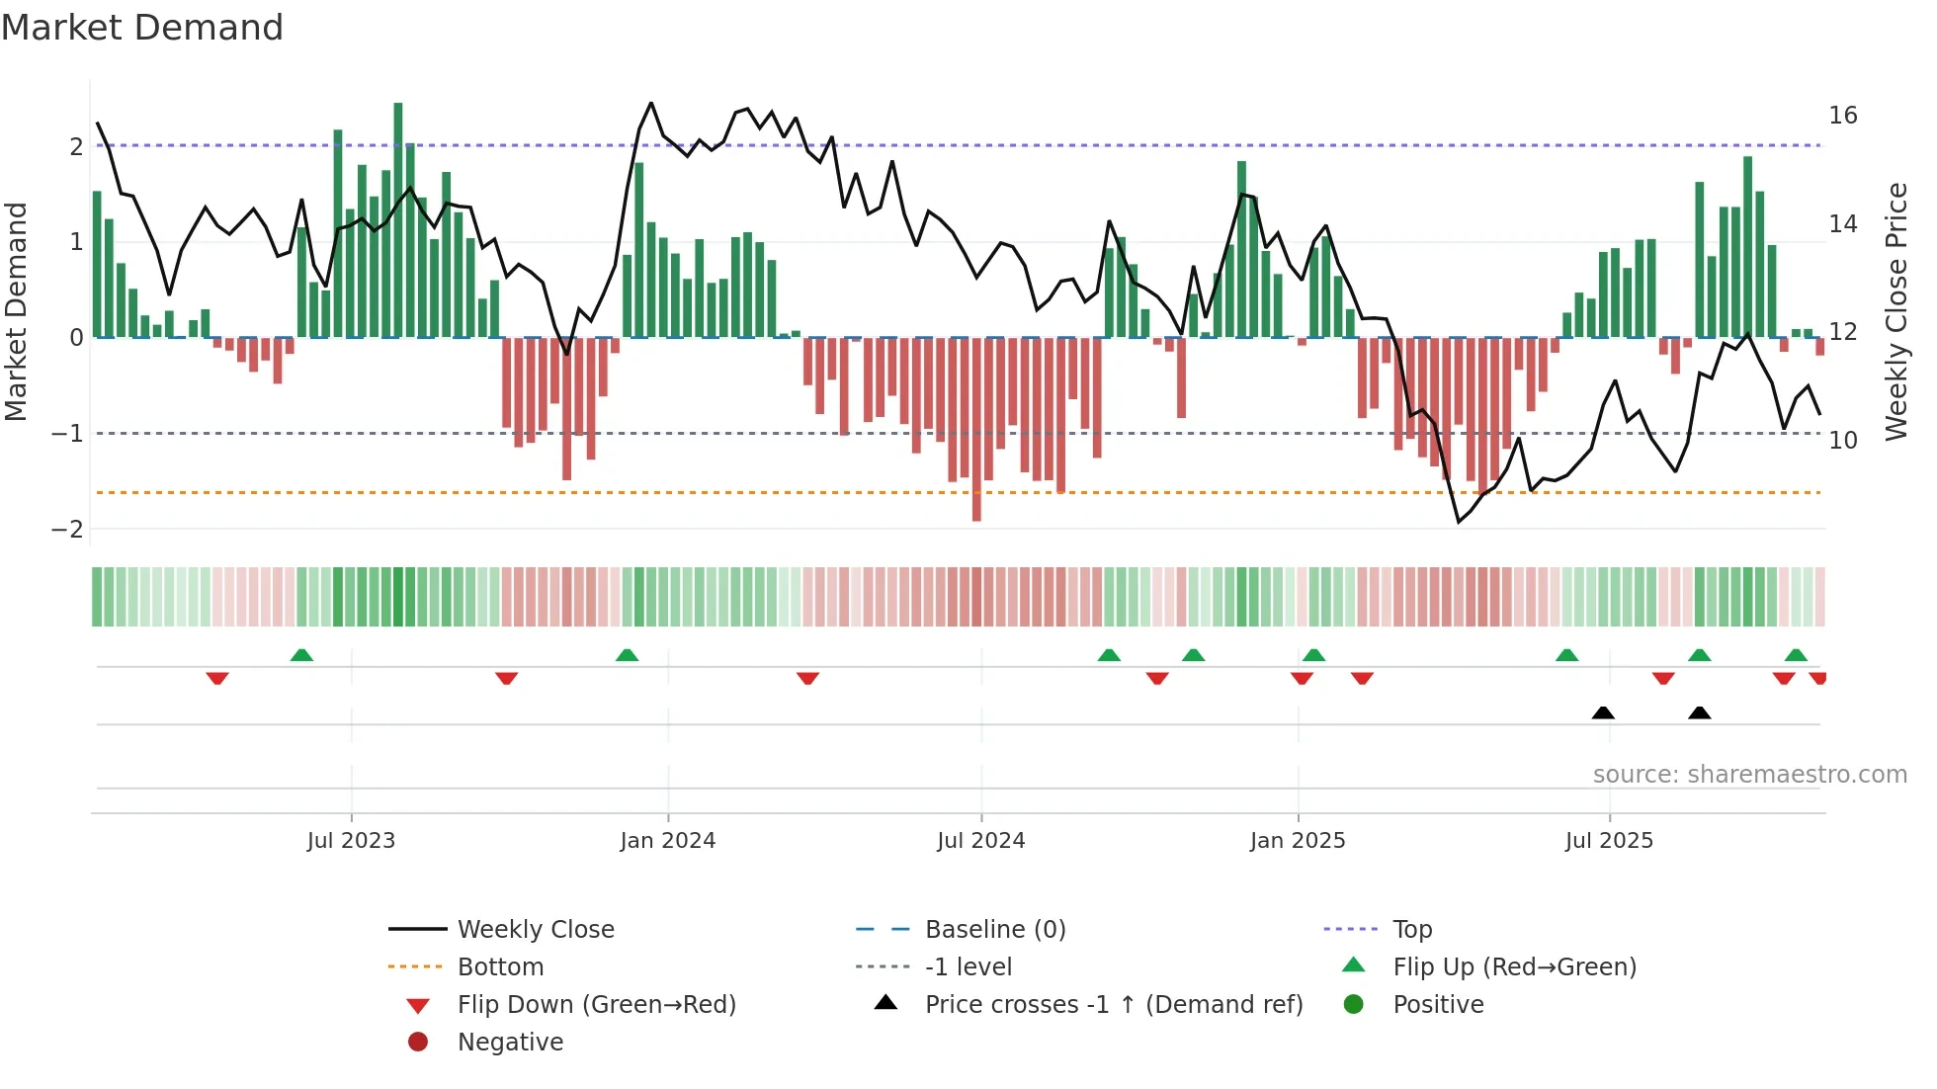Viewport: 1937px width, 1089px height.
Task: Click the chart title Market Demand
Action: tap(142, 28)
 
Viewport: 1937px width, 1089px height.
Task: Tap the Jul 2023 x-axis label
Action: tap(351, 841)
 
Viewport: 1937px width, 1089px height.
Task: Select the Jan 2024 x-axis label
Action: tap(667, 841)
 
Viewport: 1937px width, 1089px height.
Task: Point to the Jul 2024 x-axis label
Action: tap(980, 841)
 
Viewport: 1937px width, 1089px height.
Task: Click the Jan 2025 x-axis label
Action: tap(1297, 841)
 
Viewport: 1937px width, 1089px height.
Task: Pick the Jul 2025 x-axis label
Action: tap(1609, 841)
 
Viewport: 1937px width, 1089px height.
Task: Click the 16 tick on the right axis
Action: tap(1842, 116)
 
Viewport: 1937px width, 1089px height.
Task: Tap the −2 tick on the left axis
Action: tap(67, 530)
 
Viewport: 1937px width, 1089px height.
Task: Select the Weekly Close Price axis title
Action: tap(1895, 311)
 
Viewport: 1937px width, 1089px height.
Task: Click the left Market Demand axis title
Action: tap(17, 311)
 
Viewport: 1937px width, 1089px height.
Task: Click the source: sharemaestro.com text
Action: tap(1749, 775)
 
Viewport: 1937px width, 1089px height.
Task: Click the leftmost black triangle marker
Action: tap(1603, 712)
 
